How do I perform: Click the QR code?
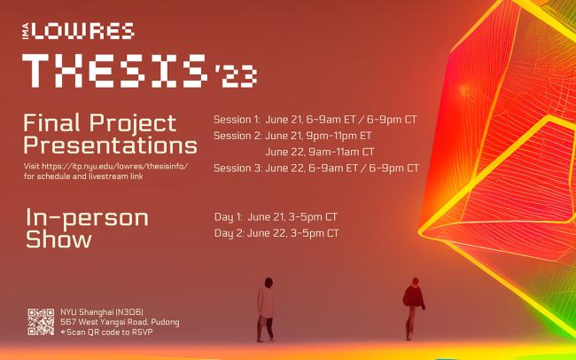tap(41, 321)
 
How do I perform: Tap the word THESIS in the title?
tap(115, 68)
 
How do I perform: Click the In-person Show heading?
tap(86, 228)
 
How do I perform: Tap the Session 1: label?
tap(236, 119)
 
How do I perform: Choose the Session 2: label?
tap(236, 136)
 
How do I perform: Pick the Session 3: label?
tap(236, 168)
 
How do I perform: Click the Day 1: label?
tap(228, 216)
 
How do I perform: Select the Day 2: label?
tap(228, 233)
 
